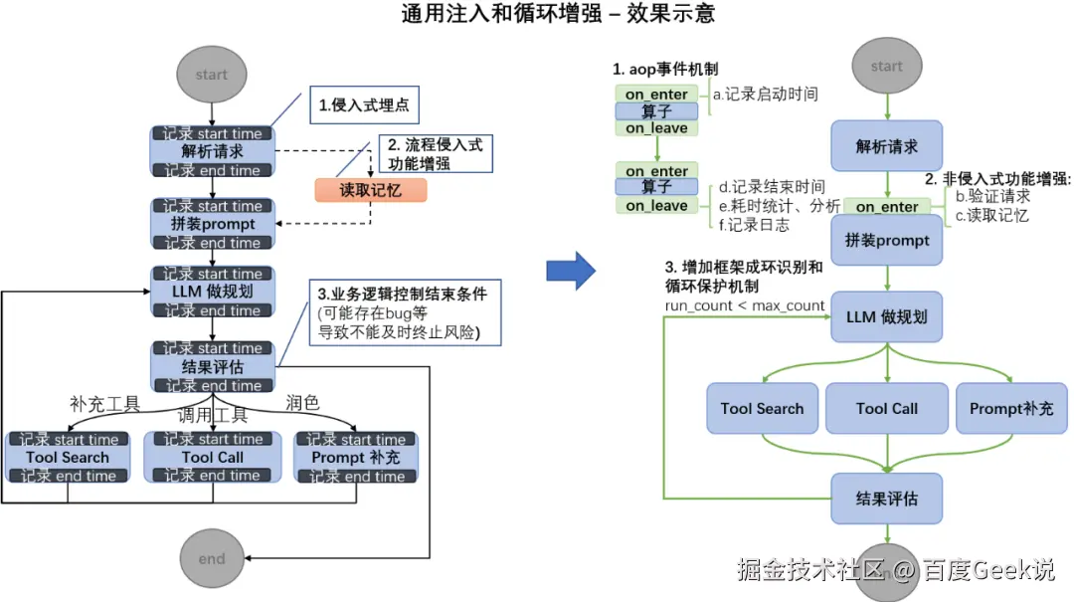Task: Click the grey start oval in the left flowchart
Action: tap(211, 75)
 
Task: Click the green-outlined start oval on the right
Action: tap(886, 67)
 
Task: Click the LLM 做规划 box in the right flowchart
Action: tap(886, 317)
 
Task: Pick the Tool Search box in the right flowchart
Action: tap(762, 408)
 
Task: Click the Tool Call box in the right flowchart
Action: tap(886, 408)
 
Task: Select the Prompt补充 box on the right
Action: tap(1011, 408)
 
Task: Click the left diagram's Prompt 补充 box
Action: tap(356, 458)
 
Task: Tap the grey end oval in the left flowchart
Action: tap(211, 558)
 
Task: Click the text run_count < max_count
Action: tap(745, 304)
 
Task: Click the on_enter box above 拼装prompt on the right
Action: tap(886, 206)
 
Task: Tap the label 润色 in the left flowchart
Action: tap(302, 403)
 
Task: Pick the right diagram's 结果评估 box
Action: tap(886, 499)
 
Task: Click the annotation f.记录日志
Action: tap(754, 225)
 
